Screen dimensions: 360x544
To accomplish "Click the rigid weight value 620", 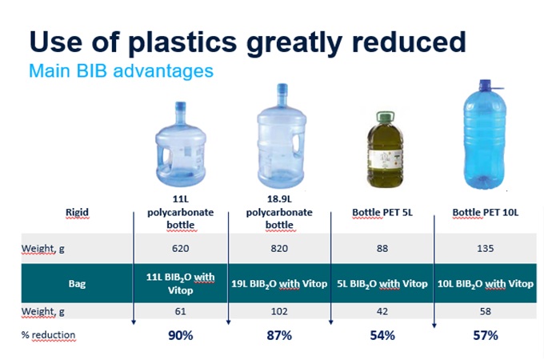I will (180, 249).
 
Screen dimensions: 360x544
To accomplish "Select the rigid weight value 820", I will (281, 249).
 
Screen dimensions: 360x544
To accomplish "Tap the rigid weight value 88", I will (382, 249).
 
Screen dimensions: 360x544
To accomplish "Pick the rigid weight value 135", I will (486, 249).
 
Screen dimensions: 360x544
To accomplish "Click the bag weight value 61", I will (180, 312).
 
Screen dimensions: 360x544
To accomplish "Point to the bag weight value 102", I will (281, 312).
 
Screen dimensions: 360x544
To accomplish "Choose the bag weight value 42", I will (382, 312).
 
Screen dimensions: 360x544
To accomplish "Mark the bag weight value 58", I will (486, 312).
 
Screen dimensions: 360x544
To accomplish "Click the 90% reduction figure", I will (180, 335).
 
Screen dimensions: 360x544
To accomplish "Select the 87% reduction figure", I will (281, 335).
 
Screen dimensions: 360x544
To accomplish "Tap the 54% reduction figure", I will (382, 335).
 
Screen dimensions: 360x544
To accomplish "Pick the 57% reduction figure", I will (486, 335).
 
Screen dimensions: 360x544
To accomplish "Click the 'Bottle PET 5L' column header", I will (382, 212).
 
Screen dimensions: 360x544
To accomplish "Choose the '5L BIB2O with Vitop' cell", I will (382, 283).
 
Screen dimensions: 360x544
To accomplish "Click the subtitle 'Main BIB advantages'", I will (121, 70).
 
